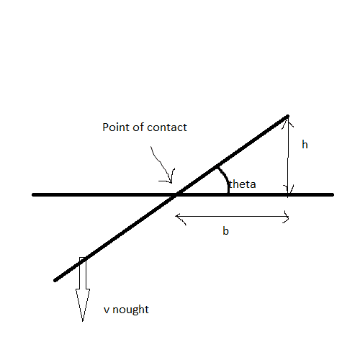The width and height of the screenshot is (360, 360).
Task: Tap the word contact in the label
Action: coord(167,127)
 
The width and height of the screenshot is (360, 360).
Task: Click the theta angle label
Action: coord(243,184)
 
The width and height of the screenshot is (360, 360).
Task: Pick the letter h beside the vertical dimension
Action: coord(305,145)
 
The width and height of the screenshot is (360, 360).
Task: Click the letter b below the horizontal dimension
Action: coord(225,231)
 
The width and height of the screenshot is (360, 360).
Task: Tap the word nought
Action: coord(130,310)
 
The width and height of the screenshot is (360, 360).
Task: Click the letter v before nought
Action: coord(107,310)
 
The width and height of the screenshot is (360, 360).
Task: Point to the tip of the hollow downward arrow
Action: coord(83,321)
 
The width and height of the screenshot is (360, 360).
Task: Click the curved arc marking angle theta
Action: coord(225,178)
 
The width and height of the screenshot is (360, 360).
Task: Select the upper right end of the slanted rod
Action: coord(287,117)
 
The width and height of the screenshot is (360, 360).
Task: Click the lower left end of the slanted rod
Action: coord(55,280)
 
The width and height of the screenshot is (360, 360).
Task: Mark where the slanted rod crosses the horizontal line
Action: coord(177,194)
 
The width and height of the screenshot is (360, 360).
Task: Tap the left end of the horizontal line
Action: coord(33,194)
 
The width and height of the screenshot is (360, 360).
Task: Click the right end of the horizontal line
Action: coord(333,194)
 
